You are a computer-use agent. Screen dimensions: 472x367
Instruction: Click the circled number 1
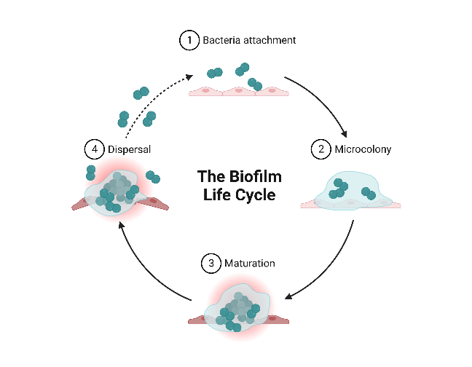189,40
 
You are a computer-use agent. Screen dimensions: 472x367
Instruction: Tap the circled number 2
321,149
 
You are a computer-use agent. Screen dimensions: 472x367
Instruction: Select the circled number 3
211,263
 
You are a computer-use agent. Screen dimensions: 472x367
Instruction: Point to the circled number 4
95,149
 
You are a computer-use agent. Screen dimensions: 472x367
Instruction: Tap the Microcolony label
363,149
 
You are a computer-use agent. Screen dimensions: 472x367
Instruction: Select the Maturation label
250,263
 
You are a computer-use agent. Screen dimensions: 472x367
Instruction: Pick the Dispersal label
129,149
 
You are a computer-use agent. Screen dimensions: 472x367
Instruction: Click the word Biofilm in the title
255,176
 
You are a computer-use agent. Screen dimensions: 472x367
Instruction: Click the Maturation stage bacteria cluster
238,312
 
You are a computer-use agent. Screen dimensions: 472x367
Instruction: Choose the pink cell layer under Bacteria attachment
239,91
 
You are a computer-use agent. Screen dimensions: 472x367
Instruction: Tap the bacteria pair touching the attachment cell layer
255,84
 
